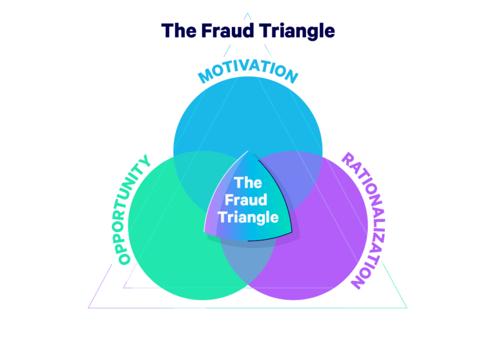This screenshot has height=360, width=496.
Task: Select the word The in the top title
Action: tap(178, 30)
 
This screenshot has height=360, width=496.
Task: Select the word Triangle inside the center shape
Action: tap(248, 217)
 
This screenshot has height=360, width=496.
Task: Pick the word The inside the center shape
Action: tap(248, 183)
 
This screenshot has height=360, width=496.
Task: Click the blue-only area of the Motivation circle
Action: tap(248, 116)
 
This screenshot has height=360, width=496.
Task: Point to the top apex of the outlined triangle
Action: tap(247, 12)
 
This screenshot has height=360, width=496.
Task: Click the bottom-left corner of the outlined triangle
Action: tap(88, 307)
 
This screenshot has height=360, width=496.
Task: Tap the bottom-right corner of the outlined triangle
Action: tap(407, 307)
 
